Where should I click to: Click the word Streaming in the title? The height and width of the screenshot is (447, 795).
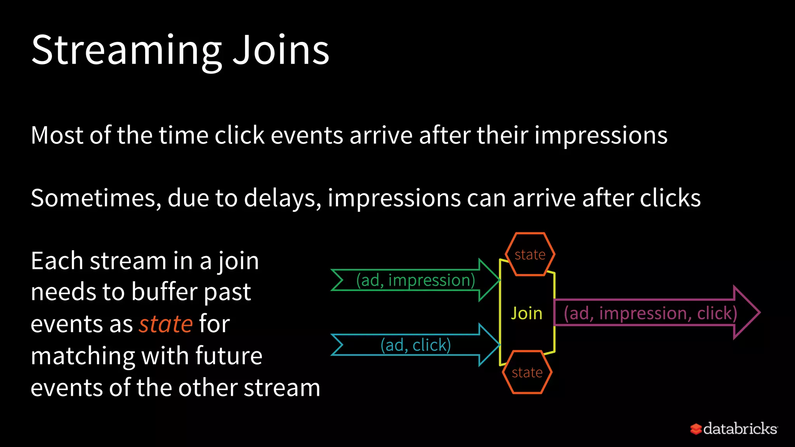coord(126,50)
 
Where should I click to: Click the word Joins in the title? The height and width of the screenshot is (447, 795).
coord(281,50)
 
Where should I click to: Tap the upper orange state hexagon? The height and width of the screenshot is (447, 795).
coord(530,255)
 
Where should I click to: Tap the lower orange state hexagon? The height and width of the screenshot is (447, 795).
coord(527,372)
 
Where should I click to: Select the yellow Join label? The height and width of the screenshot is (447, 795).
coord(526,313)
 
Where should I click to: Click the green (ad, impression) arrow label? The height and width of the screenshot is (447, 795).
coord(415,280)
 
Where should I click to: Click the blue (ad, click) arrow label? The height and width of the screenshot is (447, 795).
coord(415,345)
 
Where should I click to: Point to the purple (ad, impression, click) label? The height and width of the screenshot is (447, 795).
coord(650,313)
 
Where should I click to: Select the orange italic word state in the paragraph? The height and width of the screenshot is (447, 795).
coord(166,324)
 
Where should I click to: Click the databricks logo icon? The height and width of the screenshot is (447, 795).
coord(696,429)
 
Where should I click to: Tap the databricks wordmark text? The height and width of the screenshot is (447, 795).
coord(740,429)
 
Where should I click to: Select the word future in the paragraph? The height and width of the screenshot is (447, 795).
coord(229,356)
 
